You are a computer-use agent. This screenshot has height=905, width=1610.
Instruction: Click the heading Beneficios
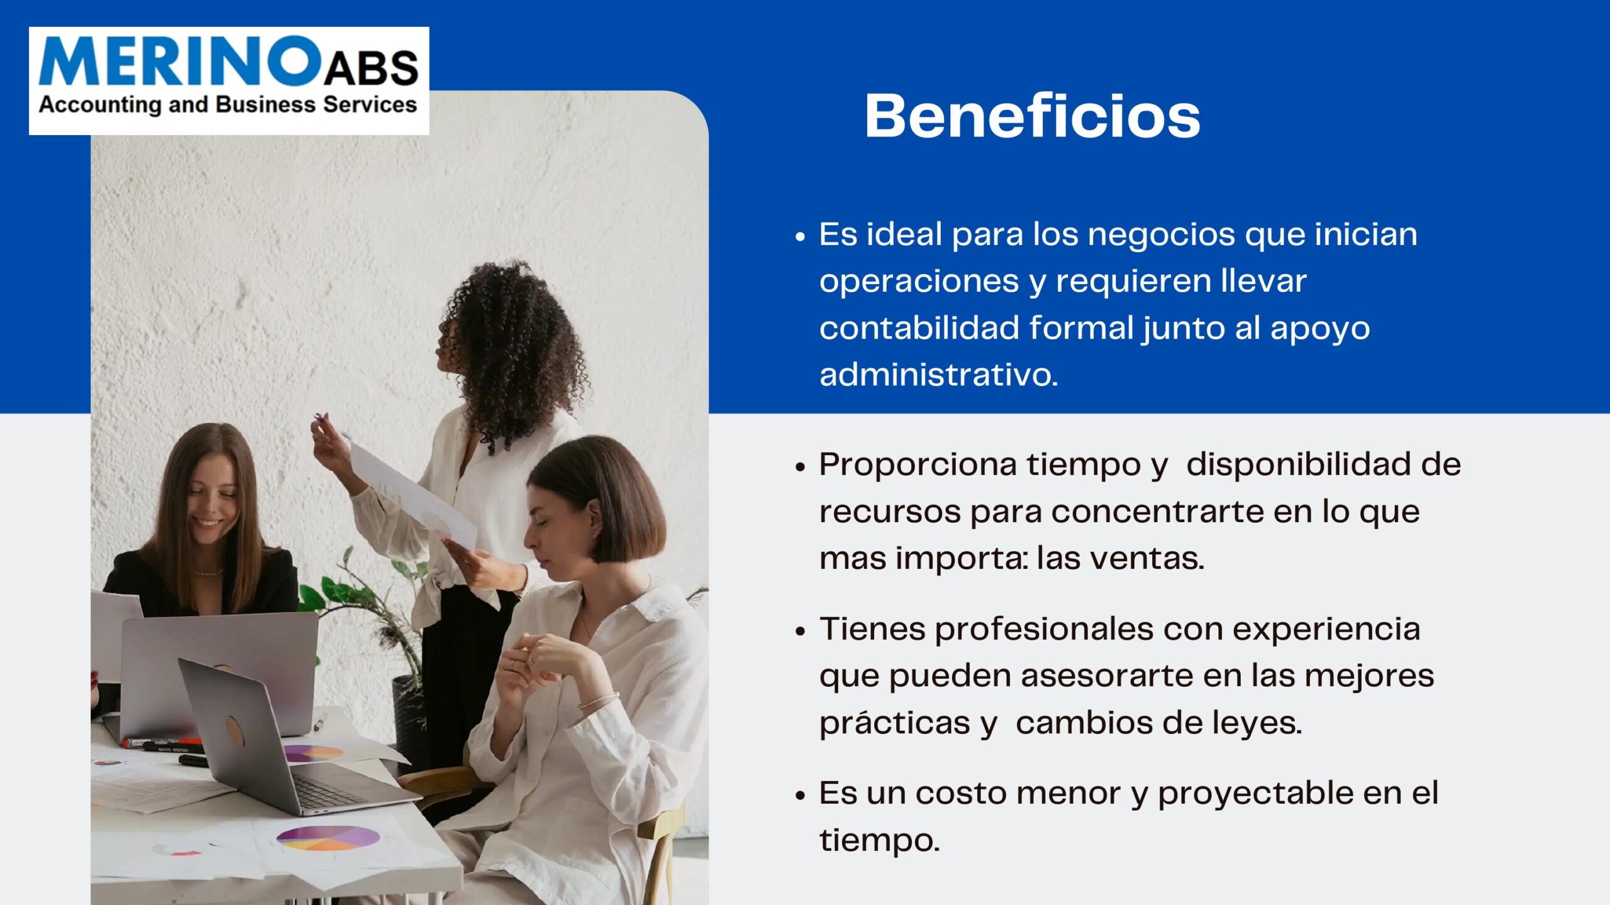pos(1032,116)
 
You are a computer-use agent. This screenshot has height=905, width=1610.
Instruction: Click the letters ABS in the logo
pos(371,68)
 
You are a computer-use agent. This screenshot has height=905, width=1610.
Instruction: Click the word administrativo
pos(938,375)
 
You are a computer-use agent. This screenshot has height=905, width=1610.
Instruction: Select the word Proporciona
pos(918,465)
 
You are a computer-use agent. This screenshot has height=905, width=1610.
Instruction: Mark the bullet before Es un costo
pos(800,795)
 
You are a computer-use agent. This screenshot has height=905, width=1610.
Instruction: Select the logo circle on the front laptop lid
pos(235,731)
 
